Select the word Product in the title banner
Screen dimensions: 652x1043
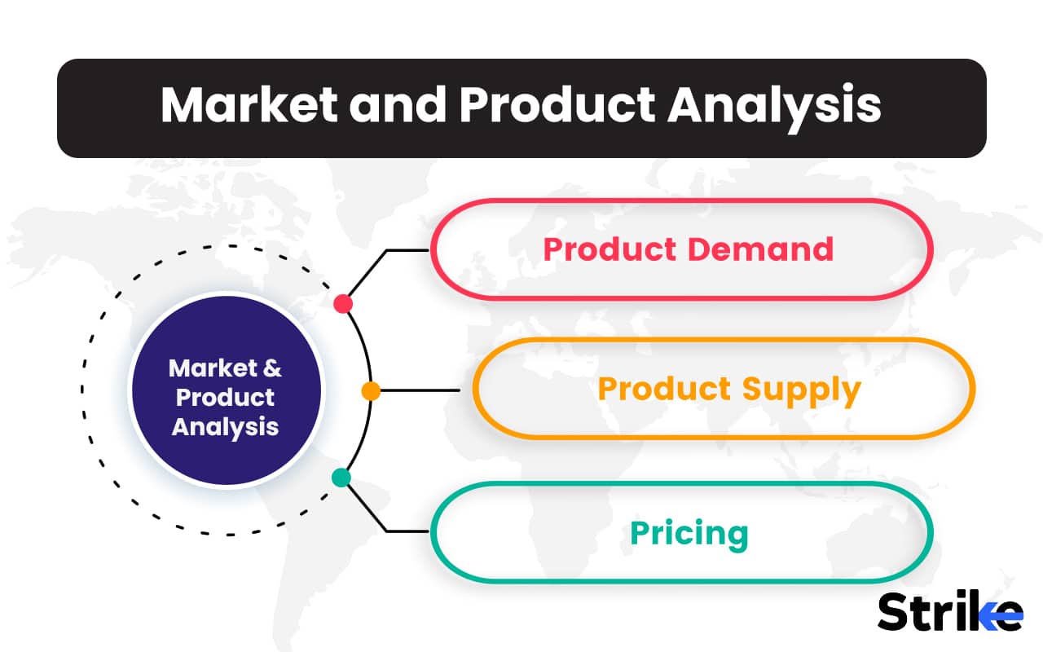click(556, 105)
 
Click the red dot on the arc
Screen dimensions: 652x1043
click(343, 304)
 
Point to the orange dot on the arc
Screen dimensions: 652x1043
click(371, 391)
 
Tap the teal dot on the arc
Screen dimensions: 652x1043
click(341, 478)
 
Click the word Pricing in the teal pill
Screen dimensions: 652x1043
click(689, 534)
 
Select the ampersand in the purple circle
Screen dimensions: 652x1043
click(272, 368)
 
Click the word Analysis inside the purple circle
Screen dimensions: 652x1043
click(225, 426)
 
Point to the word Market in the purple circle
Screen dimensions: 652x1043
click(212, 368)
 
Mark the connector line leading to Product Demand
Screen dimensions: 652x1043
click(399, 250)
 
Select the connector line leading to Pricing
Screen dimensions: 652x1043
click(399, 531)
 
